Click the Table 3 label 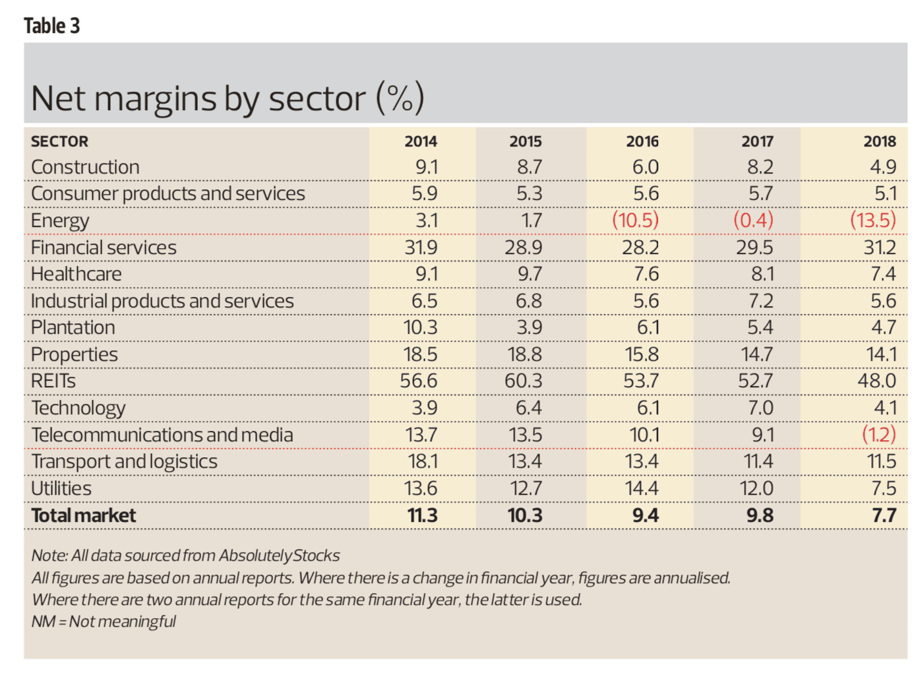click(x=51, y=26)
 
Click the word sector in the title click(x=317, y=99)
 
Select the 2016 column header click(x=642, y=141)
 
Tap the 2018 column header click(x=880, y=141)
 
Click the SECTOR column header click(x=59, y=141)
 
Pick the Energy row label click(x=60, y=220)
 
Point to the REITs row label click(x=53, y=381)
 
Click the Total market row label click(x=84, y=515)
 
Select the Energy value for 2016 click(x=635, y=220)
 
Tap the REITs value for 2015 click(x=524, y=381)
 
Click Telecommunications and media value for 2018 click(x=879, y=434)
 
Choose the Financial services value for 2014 click(x=421, y=247)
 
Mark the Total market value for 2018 click(x=884, y=515)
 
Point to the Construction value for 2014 click(x=426, y=167)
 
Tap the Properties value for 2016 click(x=642, y=354)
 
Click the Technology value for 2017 click(x=760, y=408)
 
